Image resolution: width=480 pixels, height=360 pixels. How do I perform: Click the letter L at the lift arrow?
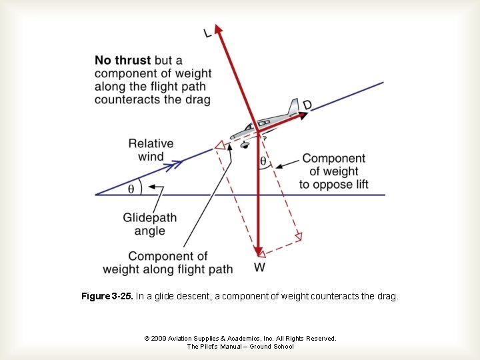[x=208, y=33]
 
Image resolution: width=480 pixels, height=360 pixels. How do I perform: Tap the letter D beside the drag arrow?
[x=307, y=105]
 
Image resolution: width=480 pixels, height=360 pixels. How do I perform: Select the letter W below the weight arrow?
[x=259, y=267]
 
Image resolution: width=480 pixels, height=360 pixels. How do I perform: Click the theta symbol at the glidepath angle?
[x=131, y=189]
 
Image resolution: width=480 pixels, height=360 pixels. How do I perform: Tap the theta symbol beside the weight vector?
[x=263, y=161]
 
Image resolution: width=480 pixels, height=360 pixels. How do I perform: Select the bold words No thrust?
[x=123, y=60]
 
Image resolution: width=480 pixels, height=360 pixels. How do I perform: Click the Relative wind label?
[x=151, y=150]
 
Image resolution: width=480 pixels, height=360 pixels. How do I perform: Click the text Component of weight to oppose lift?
[x=333, y=171]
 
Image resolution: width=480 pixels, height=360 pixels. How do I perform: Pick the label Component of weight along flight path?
[x=168, y=263]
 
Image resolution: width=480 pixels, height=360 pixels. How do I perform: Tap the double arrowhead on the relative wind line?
[x=177, y=163]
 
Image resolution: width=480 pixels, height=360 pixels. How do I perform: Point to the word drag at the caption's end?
[x=387, y=296]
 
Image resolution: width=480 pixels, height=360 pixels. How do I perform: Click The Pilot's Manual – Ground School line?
[x=240, y=347]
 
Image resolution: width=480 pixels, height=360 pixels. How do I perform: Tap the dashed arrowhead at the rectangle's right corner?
[x=298, y=236]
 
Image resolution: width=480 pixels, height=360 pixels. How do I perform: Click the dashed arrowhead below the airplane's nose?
[x=218, y=145]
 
